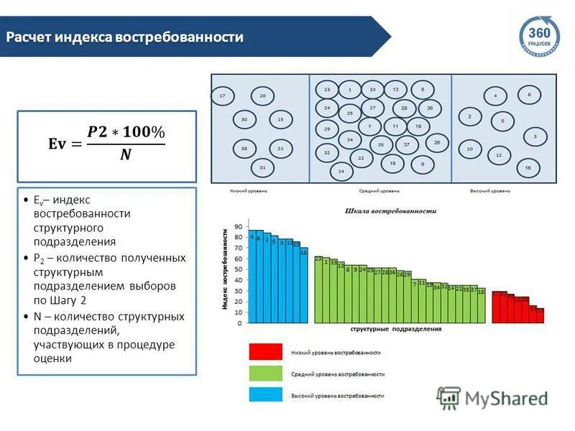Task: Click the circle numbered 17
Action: coord(223,96)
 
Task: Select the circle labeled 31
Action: coord(262,167)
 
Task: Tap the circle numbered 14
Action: coord(341,172)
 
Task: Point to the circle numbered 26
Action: coord(436,143)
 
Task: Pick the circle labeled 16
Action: coord(528,167)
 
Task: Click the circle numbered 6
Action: coord(529,94)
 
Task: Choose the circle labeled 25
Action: coord(350,113)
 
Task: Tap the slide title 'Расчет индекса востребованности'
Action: coord(125,37)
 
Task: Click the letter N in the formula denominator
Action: coord(125,154)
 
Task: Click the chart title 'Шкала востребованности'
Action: coord(390,212)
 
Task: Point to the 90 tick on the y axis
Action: coord(238,227)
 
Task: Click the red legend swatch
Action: coord(266,353)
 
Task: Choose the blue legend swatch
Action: coord(266,395)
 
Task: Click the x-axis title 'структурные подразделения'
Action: coord(396,329)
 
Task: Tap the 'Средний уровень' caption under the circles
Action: coord(379,192)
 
